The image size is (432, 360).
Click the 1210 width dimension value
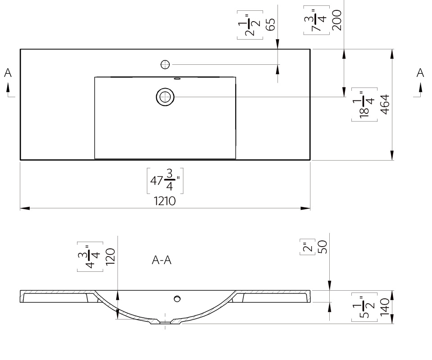164,201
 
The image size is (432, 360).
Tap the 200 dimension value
337,20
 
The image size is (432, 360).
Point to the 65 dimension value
271,24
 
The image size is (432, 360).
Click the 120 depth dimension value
110,256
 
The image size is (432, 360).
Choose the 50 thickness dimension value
323,247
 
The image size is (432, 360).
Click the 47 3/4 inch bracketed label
165,180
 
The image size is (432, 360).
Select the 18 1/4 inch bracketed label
364,104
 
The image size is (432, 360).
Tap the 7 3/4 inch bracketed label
316,20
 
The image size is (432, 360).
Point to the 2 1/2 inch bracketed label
250,25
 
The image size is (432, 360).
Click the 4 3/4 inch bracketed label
90,256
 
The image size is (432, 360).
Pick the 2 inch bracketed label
308,247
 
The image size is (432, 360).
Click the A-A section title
161,260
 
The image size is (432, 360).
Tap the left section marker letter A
8,73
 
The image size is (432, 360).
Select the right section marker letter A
420,73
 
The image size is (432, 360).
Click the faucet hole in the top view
165,65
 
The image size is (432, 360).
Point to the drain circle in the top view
165,97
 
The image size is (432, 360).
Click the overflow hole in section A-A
177,299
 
